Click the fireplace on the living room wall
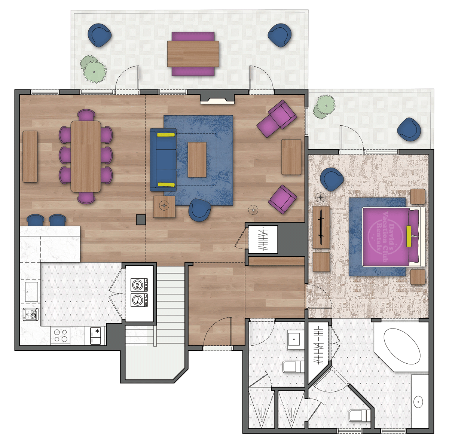pyautogui.click(x=217, y=99)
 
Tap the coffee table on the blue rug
pyautogui.click(x=197, y=160)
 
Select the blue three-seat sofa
pyautogui.click(x=163, y=160)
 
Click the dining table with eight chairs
pyautogui.click(x=86, y=156)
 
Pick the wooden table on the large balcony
pyautogui.click(x=193, y=54)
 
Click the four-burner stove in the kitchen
pyautogui.click(x=60, y=336)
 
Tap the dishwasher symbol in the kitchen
pyautogui.click(x=31, y=314)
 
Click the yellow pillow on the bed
pyautogui.click(x=409, y=236)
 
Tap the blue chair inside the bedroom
pyautogui.click(x=332, y=179)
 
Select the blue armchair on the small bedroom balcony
pyautogui.click(x=409, y=129)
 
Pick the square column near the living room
pyautogui.click(x=141, y=220)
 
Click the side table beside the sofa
pyautogui.click(x=164, y=207)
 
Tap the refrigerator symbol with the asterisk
pyautogui.click(x=95, y=336)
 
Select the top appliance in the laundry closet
pyautogui.click(x=139, y=285)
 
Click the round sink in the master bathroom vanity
pyautogui.click(x=418, y=402)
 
